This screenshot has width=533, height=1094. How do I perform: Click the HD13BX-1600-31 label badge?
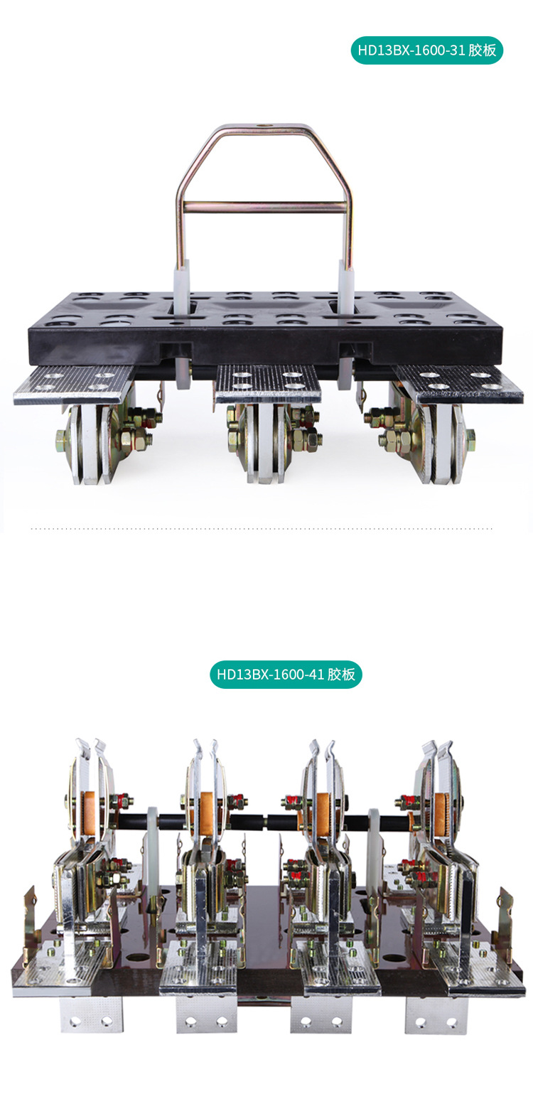pyautogui.click(x=427, y=50)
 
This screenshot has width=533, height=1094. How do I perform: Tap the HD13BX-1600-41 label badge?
pyautogui.click(x=286, y=674)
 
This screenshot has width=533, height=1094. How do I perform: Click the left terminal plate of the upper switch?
pyautogui.click(x=74, y=383)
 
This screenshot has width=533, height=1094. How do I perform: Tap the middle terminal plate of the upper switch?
pyautogui.click(x=268, y=382)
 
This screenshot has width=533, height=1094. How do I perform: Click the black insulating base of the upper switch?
pyautogui.click(x=265, y=334)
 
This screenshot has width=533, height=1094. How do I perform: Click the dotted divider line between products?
pyautogui.click(x=263, y=529)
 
